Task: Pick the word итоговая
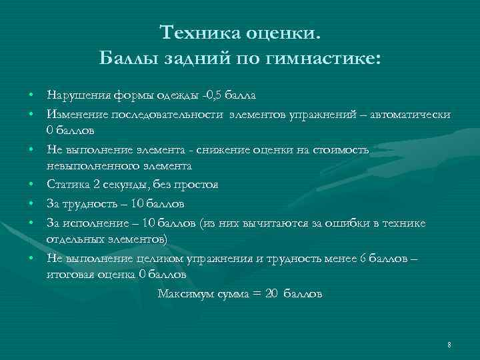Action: (x=69, y=273)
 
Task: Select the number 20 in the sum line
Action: (x=270, y=293)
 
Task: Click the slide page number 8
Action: (x=450, y=344)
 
